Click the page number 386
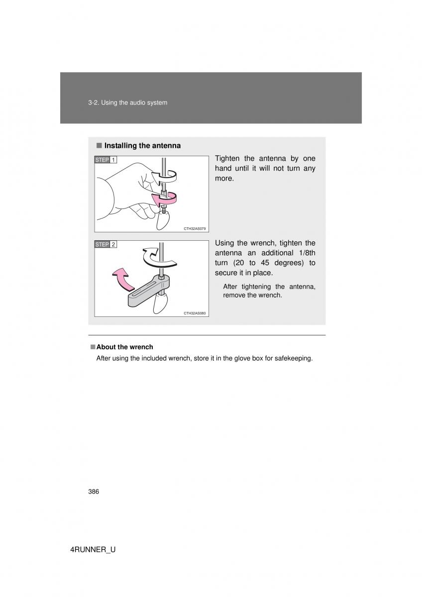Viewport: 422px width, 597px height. pos(94,492)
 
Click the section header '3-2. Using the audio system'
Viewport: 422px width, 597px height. pos(127,102)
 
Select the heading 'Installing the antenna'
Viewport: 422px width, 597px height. pos(142,146)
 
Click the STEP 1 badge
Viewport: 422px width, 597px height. pos(105,160)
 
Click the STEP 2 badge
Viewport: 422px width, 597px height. pos(105,244)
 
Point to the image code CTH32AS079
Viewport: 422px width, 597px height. pos(195,228)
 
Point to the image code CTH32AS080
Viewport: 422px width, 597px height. pos(195,313)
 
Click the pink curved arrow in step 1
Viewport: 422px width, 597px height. pos(165,199)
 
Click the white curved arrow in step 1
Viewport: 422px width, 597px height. pos(166,175)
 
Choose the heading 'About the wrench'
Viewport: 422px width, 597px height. pos(124,347)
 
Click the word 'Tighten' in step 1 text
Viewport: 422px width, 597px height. pos(229,158)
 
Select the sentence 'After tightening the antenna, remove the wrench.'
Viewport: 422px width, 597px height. pos(269,291)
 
